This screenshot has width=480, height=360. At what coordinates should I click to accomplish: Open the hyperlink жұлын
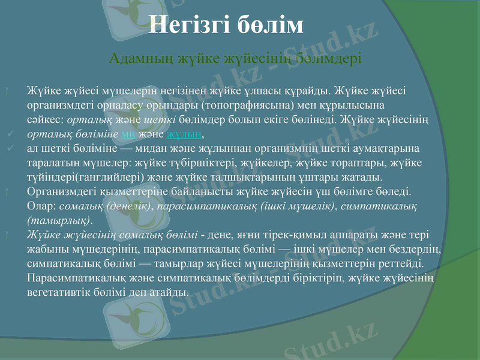point(183,134)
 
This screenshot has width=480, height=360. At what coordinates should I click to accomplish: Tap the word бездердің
point(413,250)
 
